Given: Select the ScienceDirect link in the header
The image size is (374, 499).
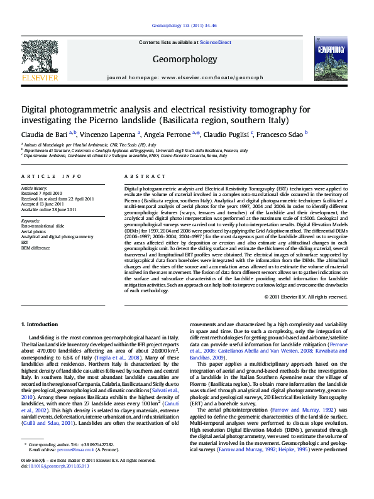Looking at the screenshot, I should tap(216, 42).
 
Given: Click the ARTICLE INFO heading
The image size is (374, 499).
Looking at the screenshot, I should tap(51, 177).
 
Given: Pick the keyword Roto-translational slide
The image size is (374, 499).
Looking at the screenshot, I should tap(43, 224).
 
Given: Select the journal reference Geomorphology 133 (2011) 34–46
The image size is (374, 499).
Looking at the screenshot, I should tap(184, 26).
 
